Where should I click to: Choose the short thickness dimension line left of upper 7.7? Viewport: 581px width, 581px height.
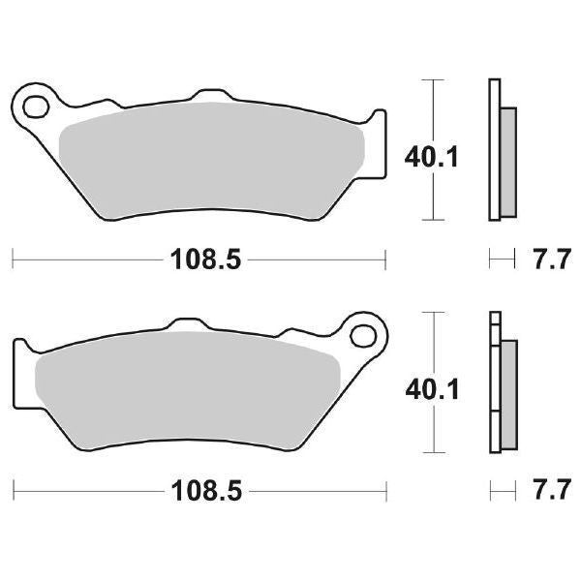point(501,259)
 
